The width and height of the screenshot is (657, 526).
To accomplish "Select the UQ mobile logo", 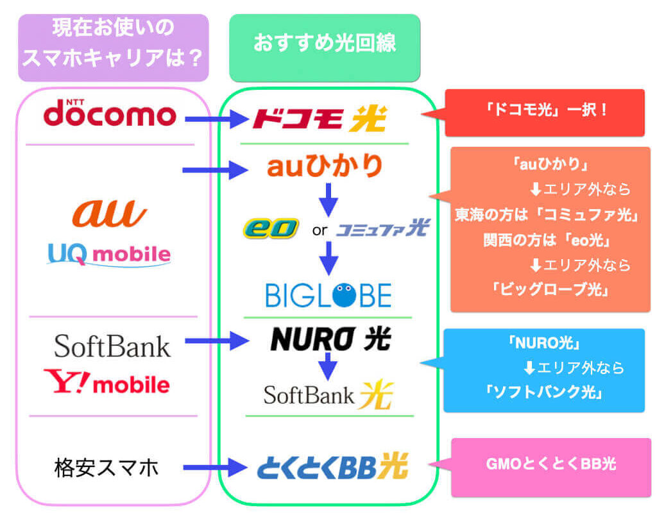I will click(109, 254).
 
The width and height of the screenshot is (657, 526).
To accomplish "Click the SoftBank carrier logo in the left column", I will click(112, 346).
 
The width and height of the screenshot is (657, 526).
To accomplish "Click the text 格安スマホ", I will click(107, 468).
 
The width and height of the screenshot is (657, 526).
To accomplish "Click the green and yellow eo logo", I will click(271, 228).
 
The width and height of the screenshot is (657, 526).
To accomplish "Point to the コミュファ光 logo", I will click(382, 228).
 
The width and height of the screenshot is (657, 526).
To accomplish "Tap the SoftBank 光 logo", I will click(328, 394).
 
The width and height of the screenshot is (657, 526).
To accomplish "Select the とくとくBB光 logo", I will click(332, 467).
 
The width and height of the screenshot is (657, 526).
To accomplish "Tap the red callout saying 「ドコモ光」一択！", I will click(545, 112).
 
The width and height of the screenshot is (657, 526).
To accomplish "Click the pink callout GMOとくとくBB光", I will click(550, 466).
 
